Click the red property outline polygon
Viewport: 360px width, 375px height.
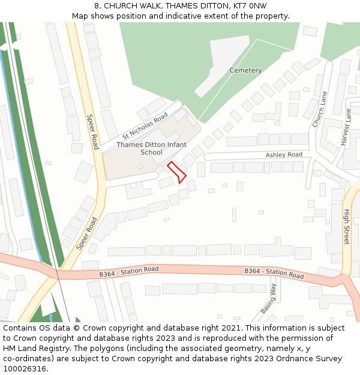tap(177, 172)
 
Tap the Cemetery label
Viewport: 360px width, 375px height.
tap(245, 70)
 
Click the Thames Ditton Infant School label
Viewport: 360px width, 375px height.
tap(151, 148)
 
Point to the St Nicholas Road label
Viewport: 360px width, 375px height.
tap(145, 127)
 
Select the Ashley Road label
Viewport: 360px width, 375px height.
tap(284, 155)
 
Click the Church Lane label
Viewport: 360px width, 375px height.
tap(319, 109)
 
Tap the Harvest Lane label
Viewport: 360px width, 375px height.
tap(346, 127)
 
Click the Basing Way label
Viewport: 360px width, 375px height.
tap(268, 298)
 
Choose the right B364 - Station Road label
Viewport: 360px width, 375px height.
tap(274, 273)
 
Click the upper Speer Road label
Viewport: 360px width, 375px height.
tap(92, 132)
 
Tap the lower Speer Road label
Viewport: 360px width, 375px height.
tap(86, 234)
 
